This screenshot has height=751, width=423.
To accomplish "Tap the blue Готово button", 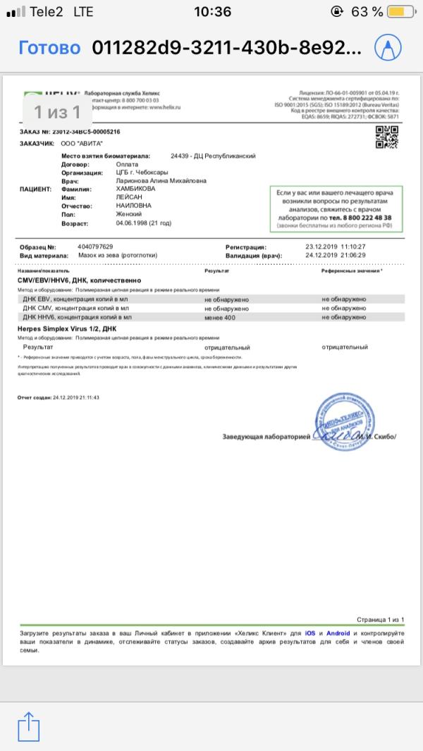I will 49,48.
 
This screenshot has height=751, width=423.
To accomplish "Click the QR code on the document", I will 386,136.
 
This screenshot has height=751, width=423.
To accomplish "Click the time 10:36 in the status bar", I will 211,12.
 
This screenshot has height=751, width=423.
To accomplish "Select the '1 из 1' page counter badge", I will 57,111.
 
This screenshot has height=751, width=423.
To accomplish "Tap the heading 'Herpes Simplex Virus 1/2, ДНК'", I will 66,329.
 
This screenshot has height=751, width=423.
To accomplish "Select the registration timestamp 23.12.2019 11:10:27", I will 336,247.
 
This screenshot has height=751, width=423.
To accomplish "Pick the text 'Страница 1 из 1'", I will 380,619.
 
